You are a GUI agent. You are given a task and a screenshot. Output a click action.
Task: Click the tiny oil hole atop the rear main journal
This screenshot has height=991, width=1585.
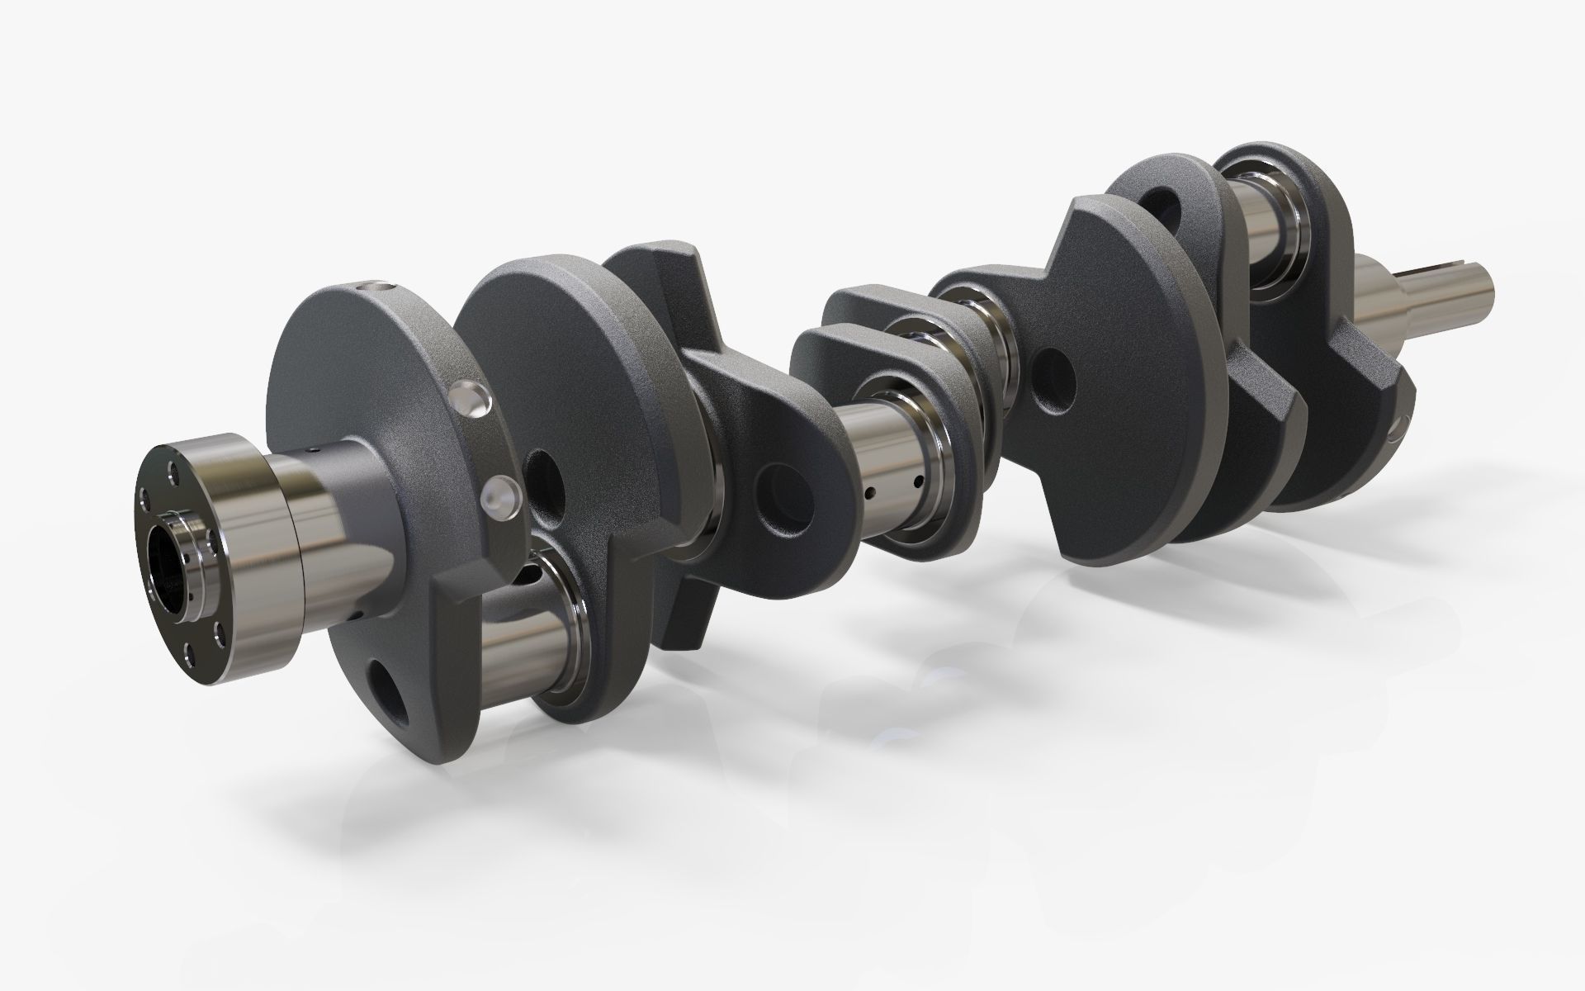pyautogui.click(x=313, y=451)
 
